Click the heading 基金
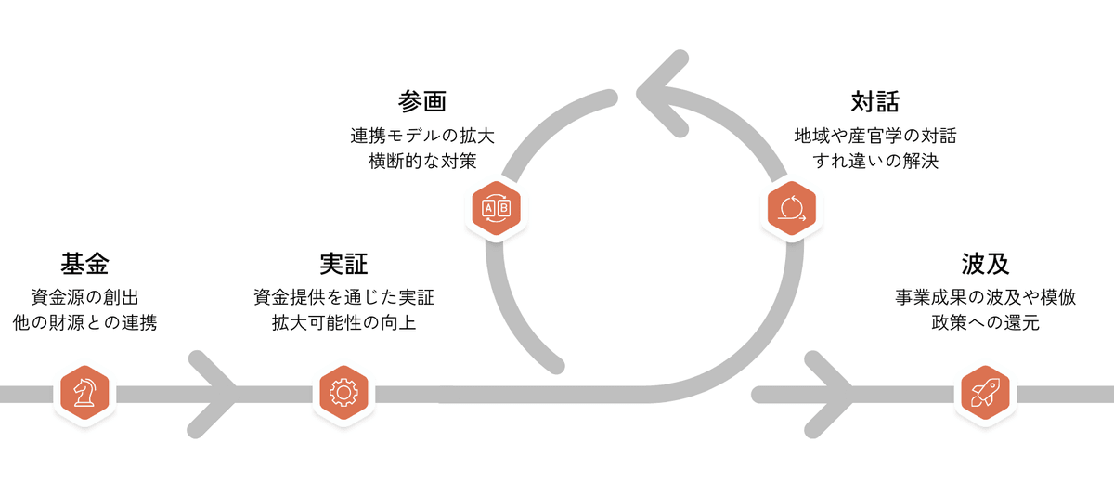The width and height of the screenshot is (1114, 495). [x=84, y=265]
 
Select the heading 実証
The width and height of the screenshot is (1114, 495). [x=343, y=265]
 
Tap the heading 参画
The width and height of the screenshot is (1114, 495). [x=422, y=101]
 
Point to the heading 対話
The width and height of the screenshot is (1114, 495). [x=874, y=101]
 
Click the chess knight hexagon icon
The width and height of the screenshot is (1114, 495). [x=85, y=393]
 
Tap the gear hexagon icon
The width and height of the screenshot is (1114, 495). [x=343, y=393]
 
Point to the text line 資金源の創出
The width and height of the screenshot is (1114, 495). [x=84, y=298]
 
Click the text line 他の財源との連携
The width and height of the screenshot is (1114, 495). [x=84, y=324]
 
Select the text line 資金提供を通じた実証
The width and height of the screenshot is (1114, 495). [x=343, y=298]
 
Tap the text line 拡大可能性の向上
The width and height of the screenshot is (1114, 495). [x=343, y=324]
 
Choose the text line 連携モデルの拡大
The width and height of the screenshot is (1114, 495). [x=422, y=136]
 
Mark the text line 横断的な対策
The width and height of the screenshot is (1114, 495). [x=422, y=161]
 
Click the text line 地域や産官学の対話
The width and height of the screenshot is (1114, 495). [x=874, y=136]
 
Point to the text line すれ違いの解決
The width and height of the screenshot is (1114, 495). [x=874, y=161]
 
